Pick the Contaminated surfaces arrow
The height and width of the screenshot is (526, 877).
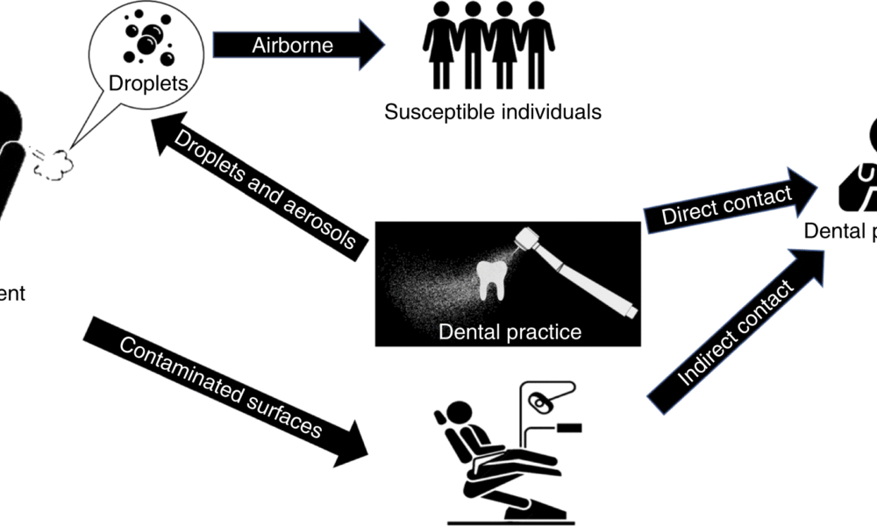tap(224, 386)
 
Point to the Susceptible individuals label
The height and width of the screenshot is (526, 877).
tap(493, 112)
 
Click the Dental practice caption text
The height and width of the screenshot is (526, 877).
tap(509, 332)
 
